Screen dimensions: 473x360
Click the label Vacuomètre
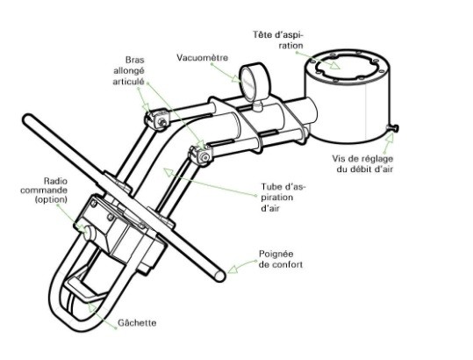click(x=202, y=57)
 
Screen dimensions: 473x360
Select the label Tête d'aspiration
click(x=278, y=40)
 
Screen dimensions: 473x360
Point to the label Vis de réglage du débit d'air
click(x=363, y=164)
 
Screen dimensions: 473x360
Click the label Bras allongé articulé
click(x=129, y=71)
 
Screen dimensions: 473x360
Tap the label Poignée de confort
click(x=281, y=259)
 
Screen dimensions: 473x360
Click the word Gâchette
click(x=137, y=323)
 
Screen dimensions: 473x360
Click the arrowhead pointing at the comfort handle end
click(x=233, y=268)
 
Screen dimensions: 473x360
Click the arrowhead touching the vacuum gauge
click(x=236, y=78)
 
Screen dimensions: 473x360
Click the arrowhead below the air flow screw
click(x=390, y=137)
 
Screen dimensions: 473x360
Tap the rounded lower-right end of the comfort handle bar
click(x=219, y=275)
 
